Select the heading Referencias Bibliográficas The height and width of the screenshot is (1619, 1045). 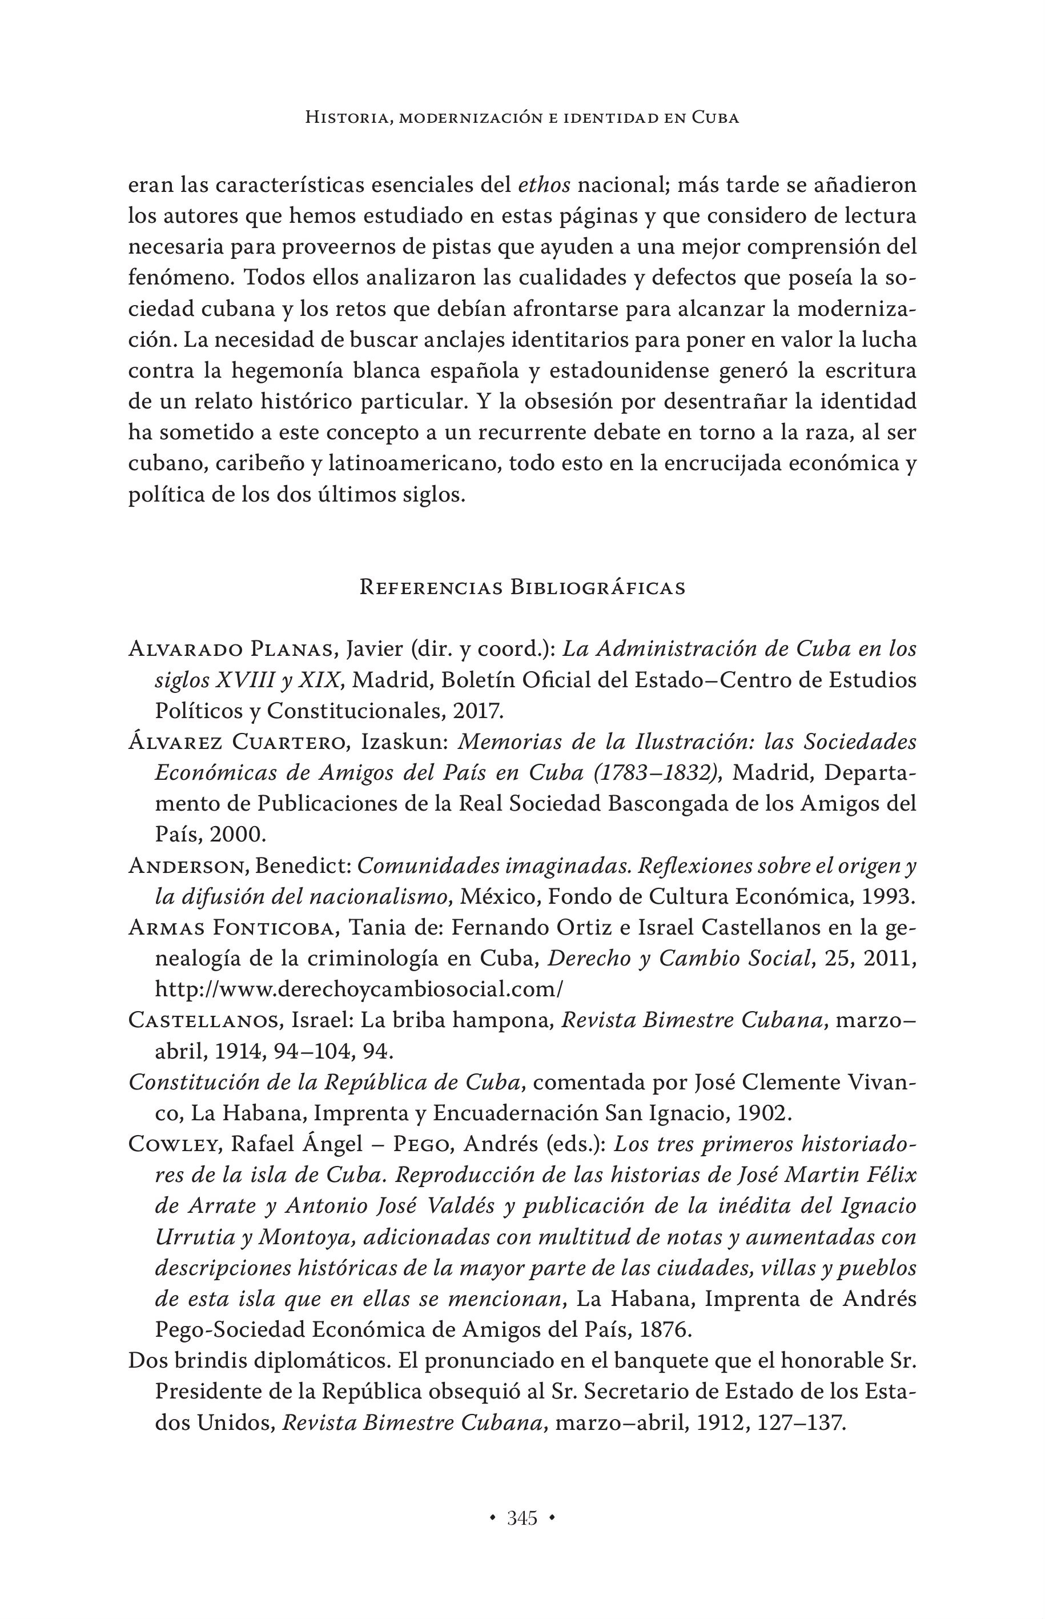pyautogui.click(x=522, y=587)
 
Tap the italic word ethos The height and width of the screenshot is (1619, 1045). pyautogui.click(x=544, y=185)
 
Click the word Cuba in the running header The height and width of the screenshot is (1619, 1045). pyautogui.click(x=715, y=118)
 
